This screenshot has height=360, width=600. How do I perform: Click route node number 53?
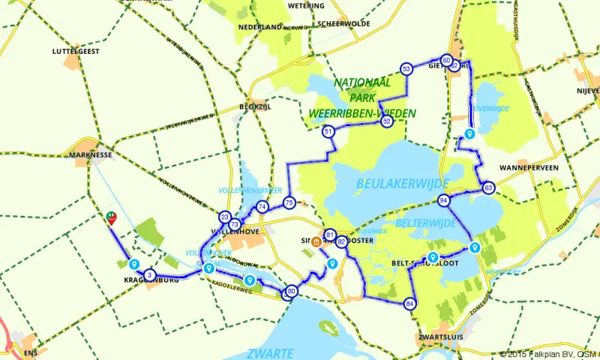[x=406, y=68]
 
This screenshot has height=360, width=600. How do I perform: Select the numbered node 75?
[x=289, y=202]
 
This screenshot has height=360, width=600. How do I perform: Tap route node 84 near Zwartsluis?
[x=409, y=304]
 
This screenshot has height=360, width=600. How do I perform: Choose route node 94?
[x=445, y=200]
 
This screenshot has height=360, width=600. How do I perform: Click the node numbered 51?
[x=328, y=132]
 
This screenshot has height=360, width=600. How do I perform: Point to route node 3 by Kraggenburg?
[x=149, y=275]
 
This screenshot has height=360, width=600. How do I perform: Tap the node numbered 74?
[x=262, y=207]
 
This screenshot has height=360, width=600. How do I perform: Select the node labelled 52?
[x=387, y=120]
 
